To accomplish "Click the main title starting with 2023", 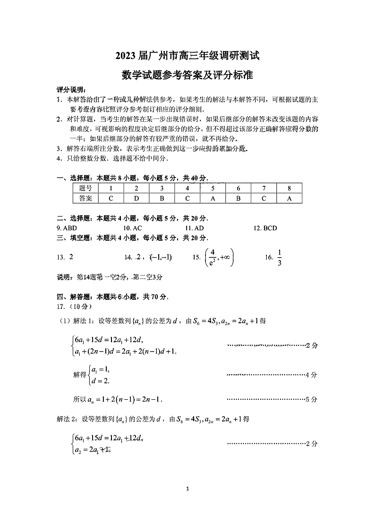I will [x=187, y=55].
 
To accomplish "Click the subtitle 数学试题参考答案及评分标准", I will [x=187, y=75].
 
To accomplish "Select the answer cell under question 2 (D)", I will [x=136, y=198].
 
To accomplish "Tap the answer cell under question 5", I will [x=213, y=198].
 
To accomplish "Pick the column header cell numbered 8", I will [x=289, y=188].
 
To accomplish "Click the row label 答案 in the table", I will [x=85, y=198].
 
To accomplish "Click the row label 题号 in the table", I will [x=85, y=188].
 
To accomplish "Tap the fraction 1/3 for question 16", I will [x=280, y=257].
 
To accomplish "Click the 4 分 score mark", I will [x=311, y=375].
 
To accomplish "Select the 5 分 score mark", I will [x=311, y=399].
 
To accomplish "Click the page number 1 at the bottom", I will [x=187, y=488].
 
